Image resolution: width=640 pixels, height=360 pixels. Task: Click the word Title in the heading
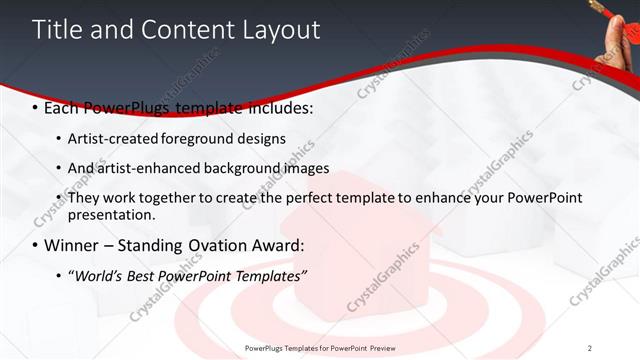pos(59,29)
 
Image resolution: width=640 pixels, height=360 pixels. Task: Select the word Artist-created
pos(108,138)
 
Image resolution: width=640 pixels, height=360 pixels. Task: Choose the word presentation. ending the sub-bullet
pos(112,214)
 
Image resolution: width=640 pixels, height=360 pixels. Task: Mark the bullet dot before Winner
pos(36,246)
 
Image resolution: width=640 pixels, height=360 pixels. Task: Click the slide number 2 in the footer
pos(589,347)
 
